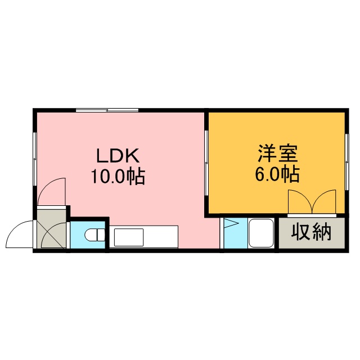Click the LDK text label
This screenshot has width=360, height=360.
tap(118, 155)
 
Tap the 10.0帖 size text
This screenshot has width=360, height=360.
tap(118, 176)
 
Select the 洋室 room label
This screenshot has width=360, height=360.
tap(277, 154)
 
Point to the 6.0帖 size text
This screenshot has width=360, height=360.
tap(277, 174)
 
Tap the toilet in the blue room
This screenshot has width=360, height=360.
tap(94, 235)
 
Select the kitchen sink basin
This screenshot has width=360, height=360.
tap(129, 237)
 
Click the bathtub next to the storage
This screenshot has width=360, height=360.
tap(261, 233)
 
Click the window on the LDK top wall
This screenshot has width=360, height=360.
tap(107, 110)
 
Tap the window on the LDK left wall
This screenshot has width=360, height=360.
tap(35, 159)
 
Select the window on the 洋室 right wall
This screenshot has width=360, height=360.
tap(346, 162)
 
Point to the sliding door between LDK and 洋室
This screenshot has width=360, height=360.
tap(206, 163)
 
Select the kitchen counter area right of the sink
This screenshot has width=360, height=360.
tap(161, 237)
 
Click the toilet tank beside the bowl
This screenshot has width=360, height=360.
tap(101, 235)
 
